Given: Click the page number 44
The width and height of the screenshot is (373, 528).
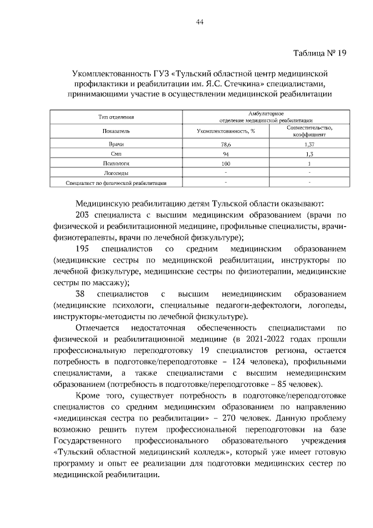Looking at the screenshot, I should click(x=199, y=22).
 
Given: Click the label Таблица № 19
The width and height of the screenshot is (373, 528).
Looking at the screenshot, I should click(x=319, y=53).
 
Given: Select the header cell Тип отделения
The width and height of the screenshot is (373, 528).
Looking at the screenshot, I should click(x=116, y=117).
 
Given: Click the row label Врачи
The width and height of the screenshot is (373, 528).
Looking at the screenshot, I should click(x=116, y=144).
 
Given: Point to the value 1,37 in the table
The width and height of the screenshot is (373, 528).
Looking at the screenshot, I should click(x=309, y=144).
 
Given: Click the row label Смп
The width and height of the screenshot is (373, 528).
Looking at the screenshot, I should click(x=116, y=153).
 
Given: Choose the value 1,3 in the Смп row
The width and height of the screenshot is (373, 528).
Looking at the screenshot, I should click(x=309, y=153).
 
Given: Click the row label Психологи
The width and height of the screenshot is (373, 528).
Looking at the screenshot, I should click(x=116, y=163).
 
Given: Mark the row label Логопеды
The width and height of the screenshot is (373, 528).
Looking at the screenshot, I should click(x=116, y=173).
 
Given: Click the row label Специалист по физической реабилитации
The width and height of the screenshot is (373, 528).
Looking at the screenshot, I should click(x=117, y=183).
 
